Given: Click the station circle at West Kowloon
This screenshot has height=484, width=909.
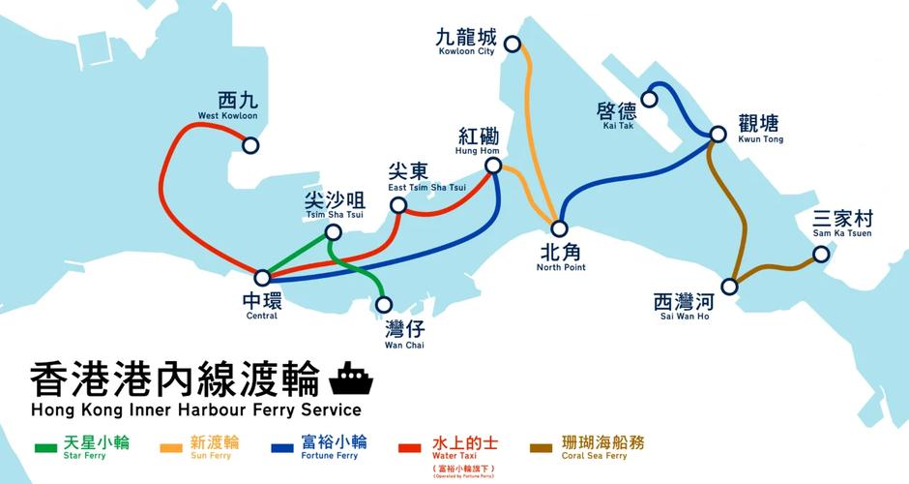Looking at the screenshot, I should (x=250, y=145).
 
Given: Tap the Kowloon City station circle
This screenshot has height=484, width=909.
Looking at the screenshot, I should (x=512, y=43).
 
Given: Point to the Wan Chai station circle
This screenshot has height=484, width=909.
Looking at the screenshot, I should (x=384, y=304).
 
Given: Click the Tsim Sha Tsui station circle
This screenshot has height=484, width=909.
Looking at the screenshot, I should (x=333, y=232).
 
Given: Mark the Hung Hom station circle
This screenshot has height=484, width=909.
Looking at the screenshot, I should (x=493, y=166).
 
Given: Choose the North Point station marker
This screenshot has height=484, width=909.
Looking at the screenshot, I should (x=560, y=228).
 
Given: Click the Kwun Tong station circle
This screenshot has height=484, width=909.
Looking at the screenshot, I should (x=718, y=135).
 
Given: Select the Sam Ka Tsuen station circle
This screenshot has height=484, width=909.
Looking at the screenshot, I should (x=821, y=255).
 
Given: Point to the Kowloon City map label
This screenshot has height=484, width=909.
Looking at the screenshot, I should (x=466, y=44).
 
